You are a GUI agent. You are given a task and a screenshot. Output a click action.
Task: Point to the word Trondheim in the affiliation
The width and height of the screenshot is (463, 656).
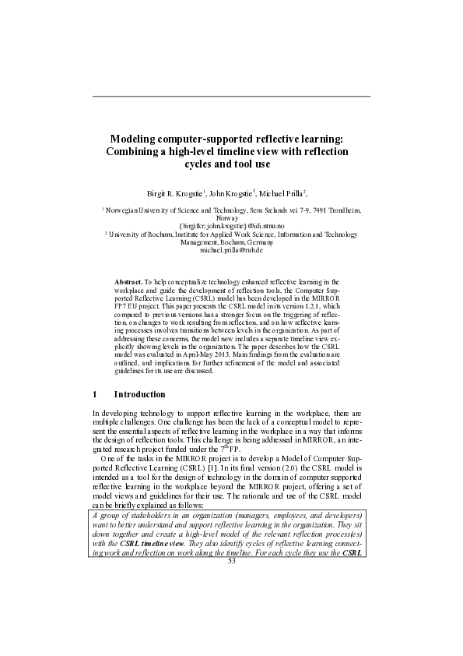pyautogui.click(x=342, y=210)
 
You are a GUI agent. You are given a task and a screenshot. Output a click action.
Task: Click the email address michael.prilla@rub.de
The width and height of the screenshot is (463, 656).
pyautogui.click(x=232, y=250)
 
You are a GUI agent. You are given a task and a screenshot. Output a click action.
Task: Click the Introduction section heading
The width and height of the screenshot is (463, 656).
pyautogui.click(x=139, y=394)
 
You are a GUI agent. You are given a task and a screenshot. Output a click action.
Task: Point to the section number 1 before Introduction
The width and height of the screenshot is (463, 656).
pyautogui.click(x=95, y=394)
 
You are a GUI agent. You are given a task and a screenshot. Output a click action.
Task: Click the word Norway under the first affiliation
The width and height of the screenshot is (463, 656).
pyautogui.click(x=232, y=218)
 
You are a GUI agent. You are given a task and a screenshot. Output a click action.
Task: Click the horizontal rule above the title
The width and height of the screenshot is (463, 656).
pyautogui.click(x=231, y=97)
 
